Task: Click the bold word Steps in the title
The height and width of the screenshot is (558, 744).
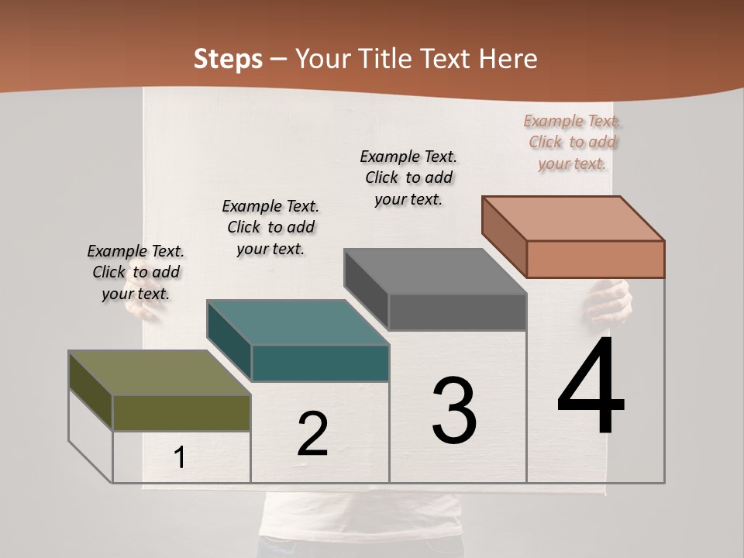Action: [228, 59]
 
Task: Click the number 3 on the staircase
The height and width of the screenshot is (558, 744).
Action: [454, 410]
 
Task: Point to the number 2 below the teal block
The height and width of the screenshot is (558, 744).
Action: [312, 434]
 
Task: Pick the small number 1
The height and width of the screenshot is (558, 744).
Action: [180, 458]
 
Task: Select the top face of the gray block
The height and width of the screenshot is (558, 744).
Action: [435, 271]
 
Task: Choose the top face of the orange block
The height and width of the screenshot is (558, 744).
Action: [573, 218]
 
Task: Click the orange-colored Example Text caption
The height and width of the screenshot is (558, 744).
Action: [573, 142]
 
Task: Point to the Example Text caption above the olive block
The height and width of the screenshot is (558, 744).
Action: [136, 272]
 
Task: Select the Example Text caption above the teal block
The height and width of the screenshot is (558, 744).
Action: [270, 227]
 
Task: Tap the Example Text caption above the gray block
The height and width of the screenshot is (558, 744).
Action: [408, 177]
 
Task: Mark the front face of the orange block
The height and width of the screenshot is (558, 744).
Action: [595, 259]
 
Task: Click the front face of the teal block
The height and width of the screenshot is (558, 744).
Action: [320, 363]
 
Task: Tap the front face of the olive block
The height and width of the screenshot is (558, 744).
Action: [181, 412]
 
